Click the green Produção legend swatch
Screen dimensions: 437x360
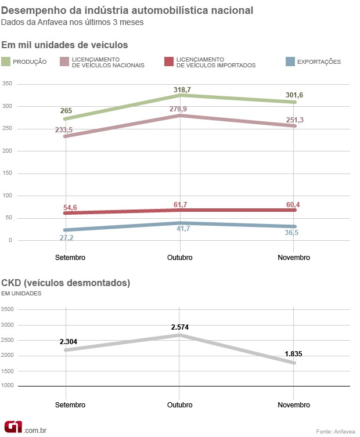[6, 62]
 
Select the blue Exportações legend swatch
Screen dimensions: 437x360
[293, 62]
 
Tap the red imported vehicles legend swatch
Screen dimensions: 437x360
[169, 62]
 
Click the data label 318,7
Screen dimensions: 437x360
[181, 90]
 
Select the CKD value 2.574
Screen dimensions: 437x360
[180, 327]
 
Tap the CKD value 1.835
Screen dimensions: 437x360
[293, 353]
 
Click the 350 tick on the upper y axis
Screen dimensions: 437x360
[8, 84]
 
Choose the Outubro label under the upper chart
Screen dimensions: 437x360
[180, 257]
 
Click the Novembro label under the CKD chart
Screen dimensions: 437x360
[294, 405]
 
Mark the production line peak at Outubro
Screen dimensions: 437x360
[180, 95]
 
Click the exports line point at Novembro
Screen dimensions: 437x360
[294, 226]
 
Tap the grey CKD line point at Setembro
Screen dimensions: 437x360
[66, 350]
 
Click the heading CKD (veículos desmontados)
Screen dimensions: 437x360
[66, 283]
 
